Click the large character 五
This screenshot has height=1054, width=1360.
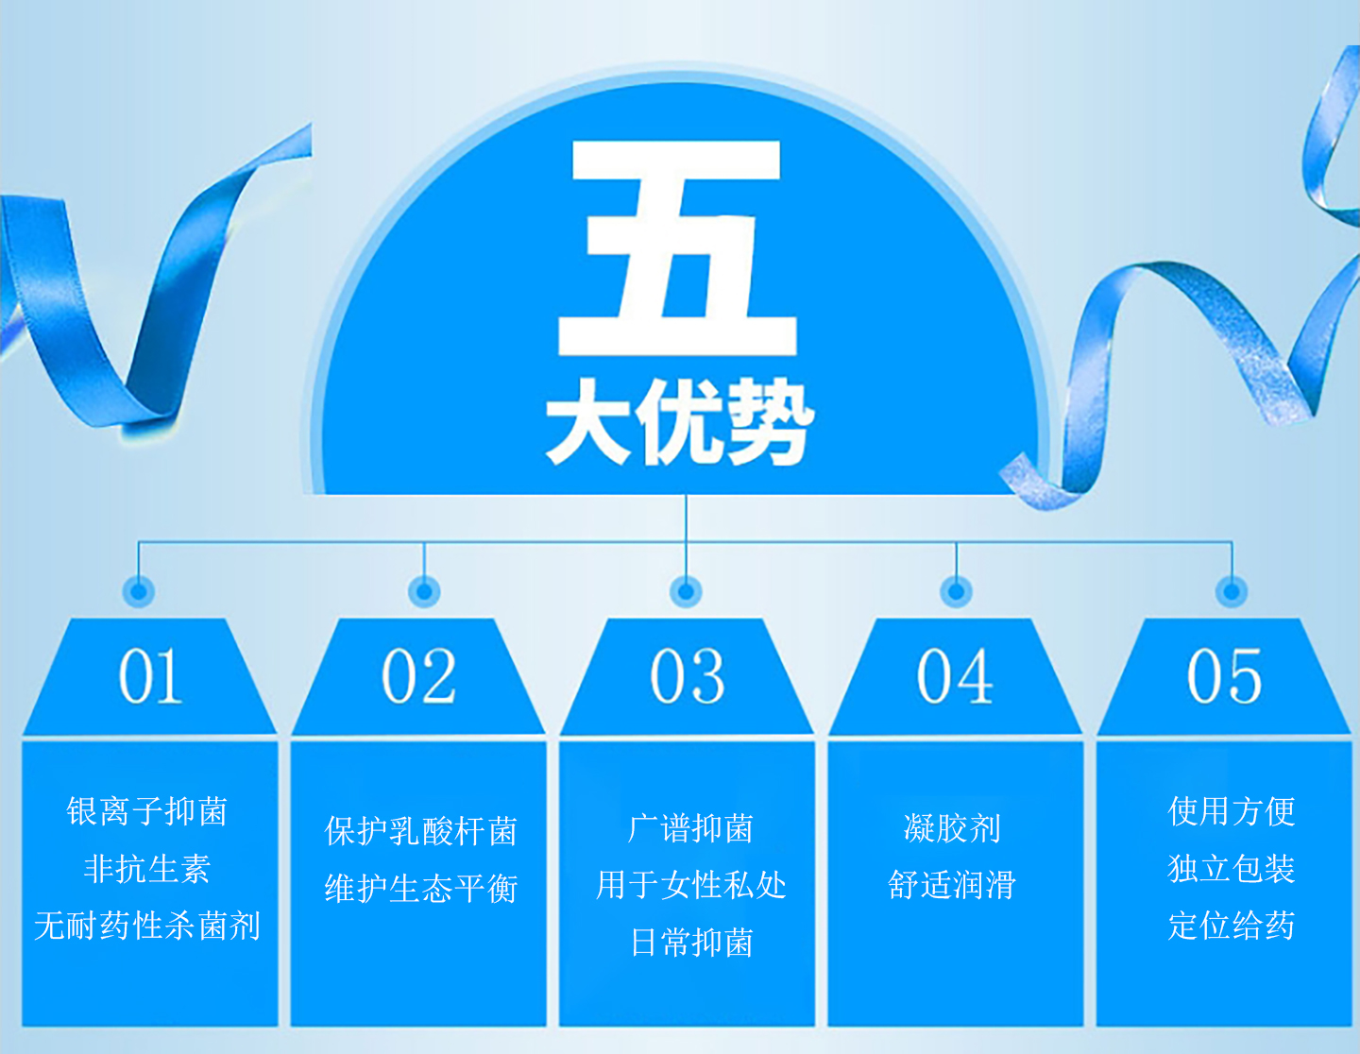[677, 247]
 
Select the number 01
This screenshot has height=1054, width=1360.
[150, 676]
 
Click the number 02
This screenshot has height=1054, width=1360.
[418, 676]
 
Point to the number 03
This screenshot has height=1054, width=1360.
[688, 676]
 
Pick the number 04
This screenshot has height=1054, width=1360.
[955, 676]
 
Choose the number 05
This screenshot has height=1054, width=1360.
[1224, 676]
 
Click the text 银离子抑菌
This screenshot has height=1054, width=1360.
[147, 812]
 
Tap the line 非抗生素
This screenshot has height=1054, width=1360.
[147, 869]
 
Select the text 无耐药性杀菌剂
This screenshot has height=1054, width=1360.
[147, 926]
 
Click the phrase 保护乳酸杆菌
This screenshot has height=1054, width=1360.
[420, 831]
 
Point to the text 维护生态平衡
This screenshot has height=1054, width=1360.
[420, 888]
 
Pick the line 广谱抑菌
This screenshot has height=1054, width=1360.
[691, 828]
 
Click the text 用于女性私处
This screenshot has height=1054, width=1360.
[691, 885]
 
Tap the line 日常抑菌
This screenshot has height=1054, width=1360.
[691, 943]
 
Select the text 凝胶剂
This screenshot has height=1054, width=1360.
[952, 828]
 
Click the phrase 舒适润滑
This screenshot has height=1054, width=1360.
[952, 885]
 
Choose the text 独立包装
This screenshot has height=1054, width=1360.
[1231, 869]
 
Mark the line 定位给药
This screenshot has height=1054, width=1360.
[1231, 926]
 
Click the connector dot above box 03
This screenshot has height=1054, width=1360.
[686, 591]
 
